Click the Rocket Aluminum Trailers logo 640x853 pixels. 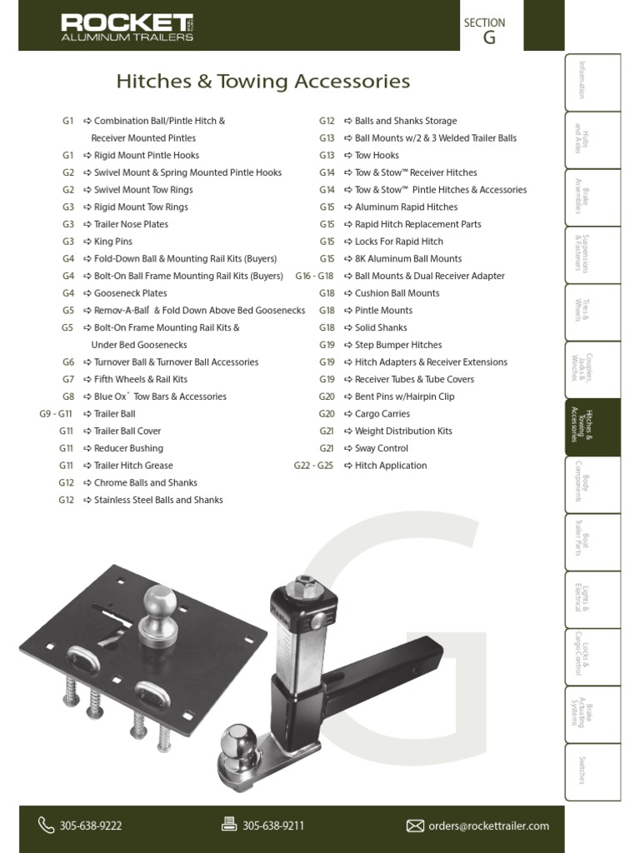pos(127,27)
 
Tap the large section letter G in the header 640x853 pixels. pos(489,38)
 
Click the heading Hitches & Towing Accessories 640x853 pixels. pos(262,82)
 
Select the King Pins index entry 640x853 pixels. pos(112,242)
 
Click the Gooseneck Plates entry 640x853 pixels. pos(130,293)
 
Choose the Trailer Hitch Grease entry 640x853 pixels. pos(133,466)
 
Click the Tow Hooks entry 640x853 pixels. pos(377,156)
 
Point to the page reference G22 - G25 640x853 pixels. pos(313,466)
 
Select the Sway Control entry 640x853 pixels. pos(381,448)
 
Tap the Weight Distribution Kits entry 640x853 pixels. pos(403,431)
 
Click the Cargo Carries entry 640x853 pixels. pos(382,414)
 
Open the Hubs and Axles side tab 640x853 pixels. pos(592,140)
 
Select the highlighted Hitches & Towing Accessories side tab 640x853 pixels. pos(592,426)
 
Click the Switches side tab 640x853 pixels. pos(592,771)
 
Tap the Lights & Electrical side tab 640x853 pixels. pos(592,599)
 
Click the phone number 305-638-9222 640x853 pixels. pos(91,826)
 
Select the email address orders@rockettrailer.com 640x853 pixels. pos(488,826)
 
